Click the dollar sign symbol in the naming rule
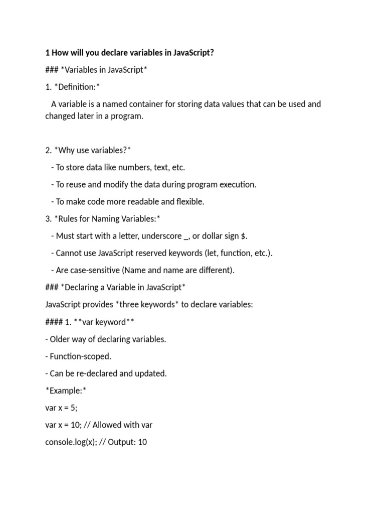tap(244, 236)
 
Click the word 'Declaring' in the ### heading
tap(83, 287)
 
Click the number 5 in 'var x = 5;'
tap(73, 408)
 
